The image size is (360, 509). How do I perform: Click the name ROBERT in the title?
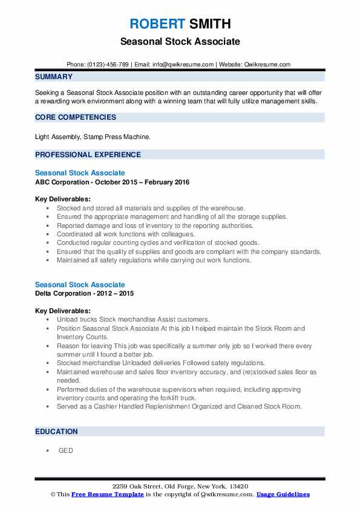tap(157, 24)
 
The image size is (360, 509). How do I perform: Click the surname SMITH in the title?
tap(209, 24)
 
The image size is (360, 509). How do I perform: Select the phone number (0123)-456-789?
tap(108, 64)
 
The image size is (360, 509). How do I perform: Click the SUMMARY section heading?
tap(54, 77)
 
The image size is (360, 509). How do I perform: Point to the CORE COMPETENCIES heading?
tap(76, 117)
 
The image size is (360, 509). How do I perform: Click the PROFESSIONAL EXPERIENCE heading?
tap(88, 154)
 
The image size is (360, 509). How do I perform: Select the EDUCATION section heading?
tap(56, 432)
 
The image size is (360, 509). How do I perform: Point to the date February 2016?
tap(169, 182)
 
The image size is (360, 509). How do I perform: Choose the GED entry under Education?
tap(65, 450)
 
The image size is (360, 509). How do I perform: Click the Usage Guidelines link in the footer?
tap(283, 494)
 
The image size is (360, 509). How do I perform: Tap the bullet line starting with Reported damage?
tap(146, 225)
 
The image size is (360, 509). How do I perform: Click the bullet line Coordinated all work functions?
tap(126, 234)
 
